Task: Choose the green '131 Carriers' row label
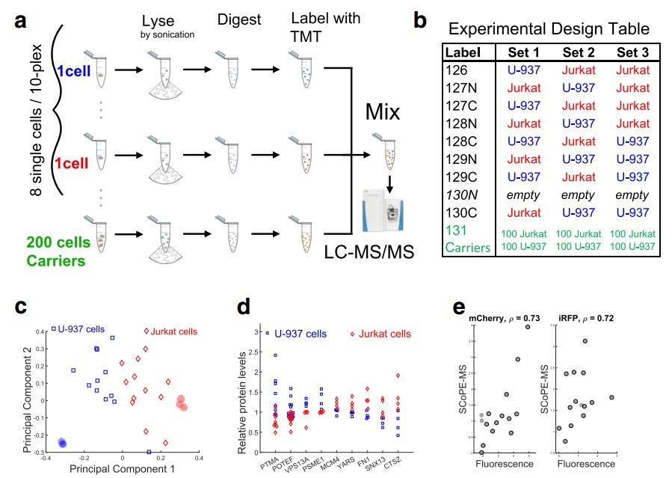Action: pos(467,240)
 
